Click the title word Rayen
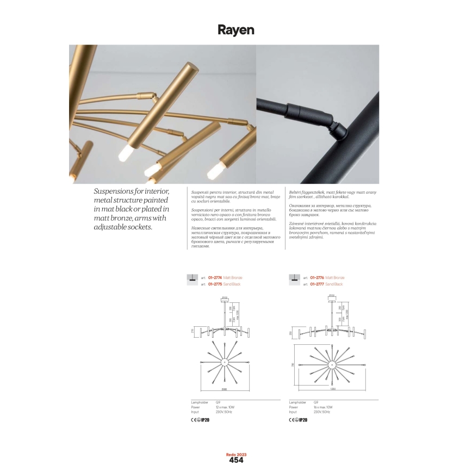click(236, 30)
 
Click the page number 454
click(236, 460)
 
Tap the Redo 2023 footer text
click(236, 454)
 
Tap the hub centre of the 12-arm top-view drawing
click(224, 362)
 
